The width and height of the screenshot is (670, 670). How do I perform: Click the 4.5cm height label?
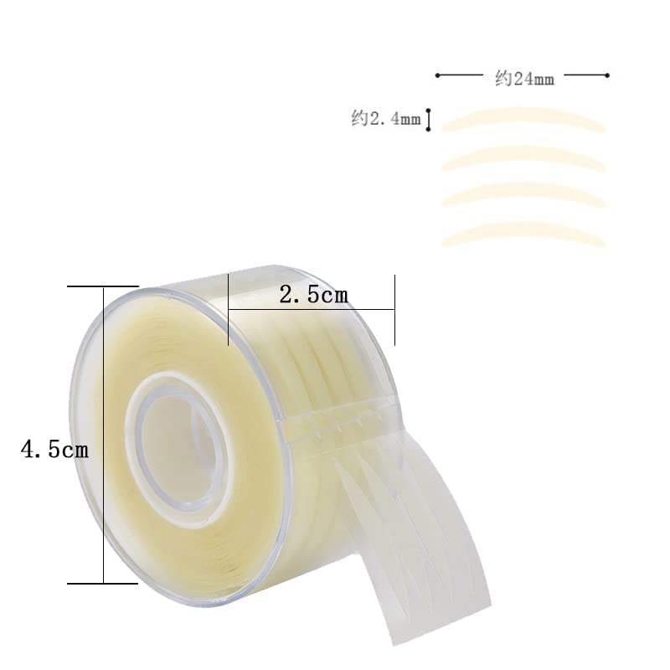click(x=54, y=450)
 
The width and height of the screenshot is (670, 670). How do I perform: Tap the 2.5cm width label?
click(x=313, y=295)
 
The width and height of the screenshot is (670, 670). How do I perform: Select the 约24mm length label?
click(x=525, y=79)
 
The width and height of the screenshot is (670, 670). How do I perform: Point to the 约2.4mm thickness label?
click(x=386, y=118)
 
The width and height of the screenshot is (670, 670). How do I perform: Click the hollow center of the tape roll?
click(x=178, y=445)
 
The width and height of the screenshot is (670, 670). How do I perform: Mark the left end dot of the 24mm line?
click(x=437, y=75)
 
